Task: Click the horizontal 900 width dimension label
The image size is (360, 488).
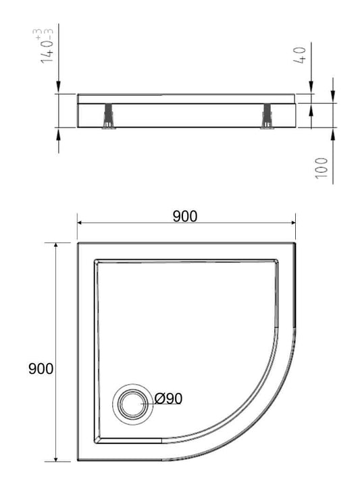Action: point(185,216)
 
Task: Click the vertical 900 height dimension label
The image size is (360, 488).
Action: point(41,369)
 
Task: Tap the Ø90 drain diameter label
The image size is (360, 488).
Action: point(168,398)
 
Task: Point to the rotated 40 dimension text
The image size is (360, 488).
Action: point(300,55)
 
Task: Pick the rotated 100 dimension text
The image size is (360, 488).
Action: point(322,168)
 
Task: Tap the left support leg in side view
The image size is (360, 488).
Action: point(109,116)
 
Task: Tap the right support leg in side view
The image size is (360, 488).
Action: point(267,116)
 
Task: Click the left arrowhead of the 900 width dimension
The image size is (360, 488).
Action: point(80,223)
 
